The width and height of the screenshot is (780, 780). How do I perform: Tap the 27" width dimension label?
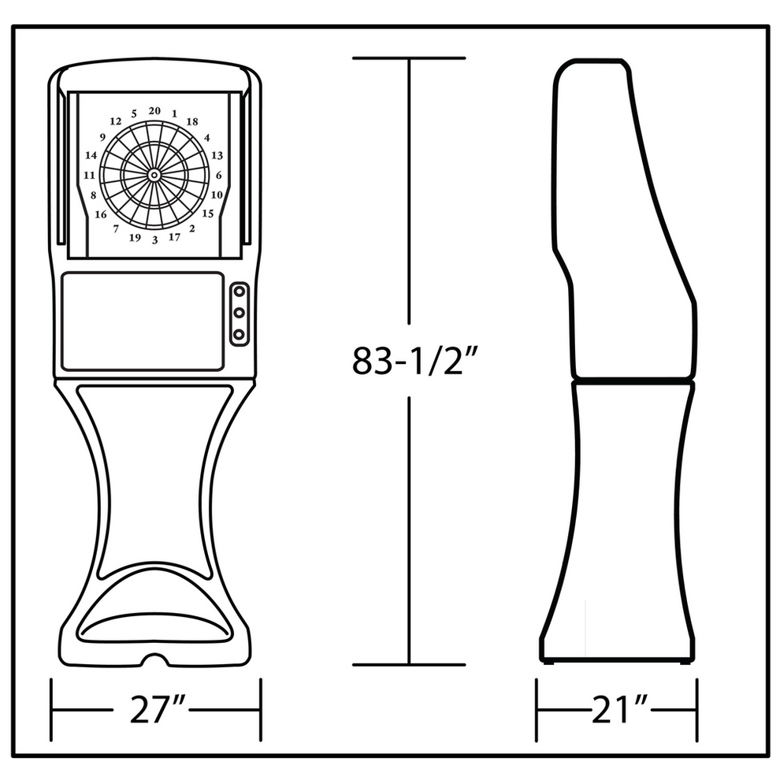coord(155,711)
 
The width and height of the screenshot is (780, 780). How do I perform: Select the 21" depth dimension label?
coord(618,711)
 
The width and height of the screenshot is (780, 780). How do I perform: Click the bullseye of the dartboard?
coord(154,174)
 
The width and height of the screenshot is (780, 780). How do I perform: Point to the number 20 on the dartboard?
coord(154,111)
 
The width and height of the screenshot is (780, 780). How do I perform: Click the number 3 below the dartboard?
coord(154,240)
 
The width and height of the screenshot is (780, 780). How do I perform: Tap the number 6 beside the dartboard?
coord(218,176)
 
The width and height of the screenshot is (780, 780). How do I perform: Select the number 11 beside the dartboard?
coord(90,175)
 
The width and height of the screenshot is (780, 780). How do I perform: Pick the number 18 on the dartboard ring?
coord(191,121)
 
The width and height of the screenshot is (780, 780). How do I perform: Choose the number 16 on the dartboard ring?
coord(101,214)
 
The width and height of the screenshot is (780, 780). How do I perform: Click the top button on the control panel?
coord(238,292)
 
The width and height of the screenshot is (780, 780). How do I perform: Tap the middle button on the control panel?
coord(238,313)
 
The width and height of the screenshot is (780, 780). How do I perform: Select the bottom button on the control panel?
coord(238,334)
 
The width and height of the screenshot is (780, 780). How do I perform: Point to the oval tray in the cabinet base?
coord(155,628)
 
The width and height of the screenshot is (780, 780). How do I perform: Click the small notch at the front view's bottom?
coord(155,657)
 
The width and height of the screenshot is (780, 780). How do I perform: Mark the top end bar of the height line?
coord(409,58)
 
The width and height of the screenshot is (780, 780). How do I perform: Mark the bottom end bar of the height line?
coord(409,664)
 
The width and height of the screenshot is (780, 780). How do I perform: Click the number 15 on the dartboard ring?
coord(208,213)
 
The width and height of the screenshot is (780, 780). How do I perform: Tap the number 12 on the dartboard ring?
coord(116,121)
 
